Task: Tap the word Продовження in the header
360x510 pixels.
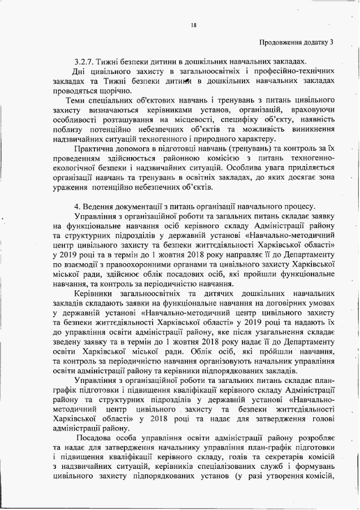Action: tap(281, 42)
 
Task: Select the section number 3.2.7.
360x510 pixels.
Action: tap(86, 60)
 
